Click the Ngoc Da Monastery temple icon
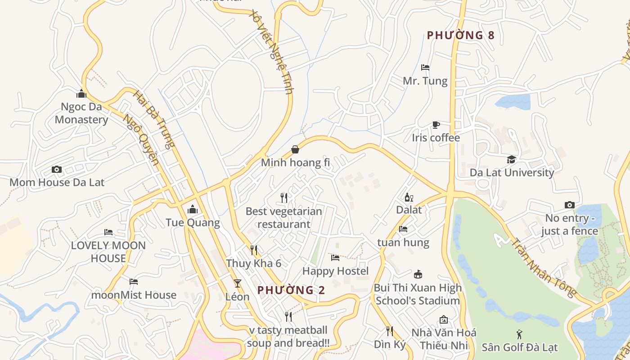coord(81,94)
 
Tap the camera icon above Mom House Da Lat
coord(57,169)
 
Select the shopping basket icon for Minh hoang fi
coord(295,149)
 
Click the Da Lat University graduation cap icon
coord(512,159)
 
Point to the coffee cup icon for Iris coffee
coord(436,125)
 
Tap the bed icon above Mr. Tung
coord(425,67)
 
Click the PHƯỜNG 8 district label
coord(460,35)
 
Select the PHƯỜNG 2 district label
coord(291,290)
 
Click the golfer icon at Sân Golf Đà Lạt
coord(520,334)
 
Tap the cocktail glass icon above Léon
coord(238,283)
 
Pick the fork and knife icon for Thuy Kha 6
coord(254,250)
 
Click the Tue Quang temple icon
coord(193,209)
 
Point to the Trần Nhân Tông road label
coord(544,268)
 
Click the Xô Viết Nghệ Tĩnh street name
coord(272,52)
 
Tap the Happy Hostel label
coord(335,271)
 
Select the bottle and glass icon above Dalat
coord(409,197)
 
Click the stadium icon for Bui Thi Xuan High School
coord(418,274)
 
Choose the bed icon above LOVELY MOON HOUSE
coord(108,232)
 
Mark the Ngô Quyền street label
coord(141,140)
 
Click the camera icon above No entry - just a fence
coord(570,205)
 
